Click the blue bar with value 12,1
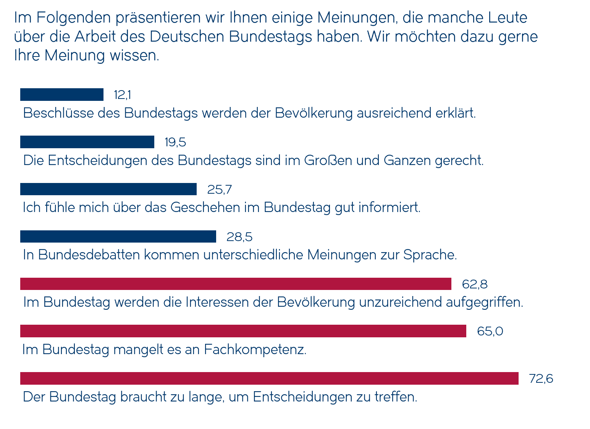click(x=62, y=95)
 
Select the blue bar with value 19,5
click(x=87, y=142)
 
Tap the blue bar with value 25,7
click(x=108, y=189)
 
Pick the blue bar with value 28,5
click(x=118, y=237)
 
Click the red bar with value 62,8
click(x=236, y=284)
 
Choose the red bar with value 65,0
click(x=243, y=331)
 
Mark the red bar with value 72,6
click(x=269, y=379)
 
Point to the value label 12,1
click(x=122, y=95)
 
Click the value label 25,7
click(x=219, y=189)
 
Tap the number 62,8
click(x=474, y=284)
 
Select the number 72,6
click(x=541, y=379)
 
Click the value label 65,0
click(x=490, y=331)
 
